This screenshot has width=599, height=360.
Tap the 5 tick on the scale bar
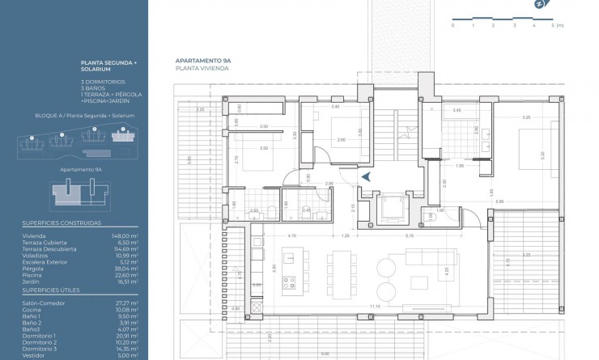(554, 20)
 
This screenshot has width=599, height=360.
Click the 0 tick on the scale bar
(452, 20)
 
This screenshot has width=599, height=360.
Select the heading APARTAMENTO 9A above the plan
(202, 61)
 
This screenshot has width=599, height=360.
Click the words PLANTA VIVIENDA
(202, 69)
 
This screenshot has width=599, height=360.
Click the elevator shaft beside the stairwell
(397, 208)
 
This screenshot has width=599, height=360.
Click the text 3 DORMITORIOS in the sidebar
(100, 82)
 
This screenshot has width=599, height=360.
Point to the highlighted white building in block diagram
(123, 138)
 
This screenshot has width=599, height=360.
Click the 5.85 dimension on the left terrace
(188, 159)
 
